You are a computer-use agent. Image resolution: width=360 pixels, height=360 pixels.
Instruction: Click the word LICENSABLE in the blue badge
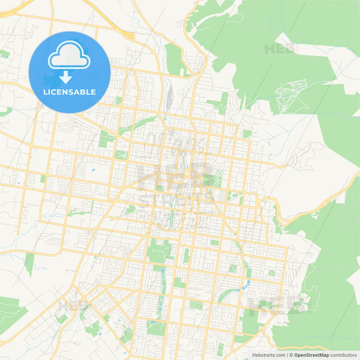[x=69, y=91]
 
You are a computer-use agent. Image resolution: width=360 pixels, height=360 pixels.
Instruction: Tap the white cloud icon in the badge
[x=69, y=55]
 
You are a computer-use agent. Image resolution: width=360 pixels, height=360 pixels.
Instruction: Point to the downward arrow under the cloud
[x=69, y=76]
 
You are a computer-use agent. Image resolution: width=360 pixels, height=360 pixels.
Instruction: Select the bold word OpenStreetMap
[x=311, y=354]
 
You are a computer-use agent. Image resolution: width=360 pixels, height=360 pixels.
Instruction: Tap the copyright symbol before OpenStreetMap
[x=290, y=354]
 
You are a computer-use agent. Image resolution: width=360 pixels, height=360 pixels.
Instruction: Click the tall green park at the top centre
[x=174, y=59]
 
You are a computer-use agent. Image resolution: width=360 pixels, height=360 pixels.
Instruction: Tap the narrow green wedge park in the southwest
[x=29, y=263]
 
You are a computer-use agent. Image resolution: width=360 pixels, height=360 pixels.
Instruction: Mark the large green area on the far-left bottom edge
[x=9, y=312]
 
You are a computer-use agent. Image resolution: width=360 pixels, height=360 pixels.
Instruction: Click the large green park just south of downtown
[x=159, y=251]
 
